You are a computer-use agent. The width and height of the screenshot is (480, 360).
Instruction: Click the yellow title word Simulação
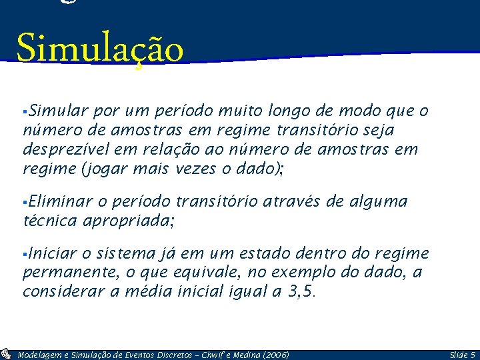[100, 49]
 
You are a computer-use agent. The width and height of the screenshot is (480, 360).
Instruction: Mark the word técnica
[50, 221]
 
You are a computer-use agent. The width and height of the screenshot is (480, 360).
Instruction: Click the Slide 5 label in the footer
[462, 355]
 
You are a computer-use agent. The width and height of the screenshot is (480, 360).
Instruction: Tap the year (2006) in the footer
[275, 355]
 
